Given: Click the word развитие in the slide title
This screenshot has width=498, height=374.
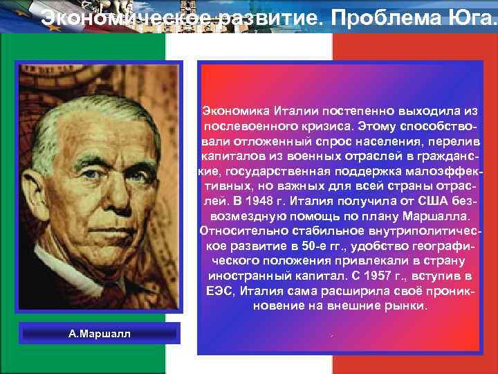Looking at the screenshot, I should point(248,19).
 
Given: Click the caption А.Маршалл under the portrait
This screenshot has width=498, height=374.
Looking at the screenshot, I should point(100,334).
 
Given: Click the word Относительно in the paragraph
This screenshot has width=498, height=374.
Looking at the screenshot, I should point(241,231).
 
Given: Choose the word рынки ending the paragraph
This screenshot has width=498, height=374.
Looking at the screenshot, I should point(407,305).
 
